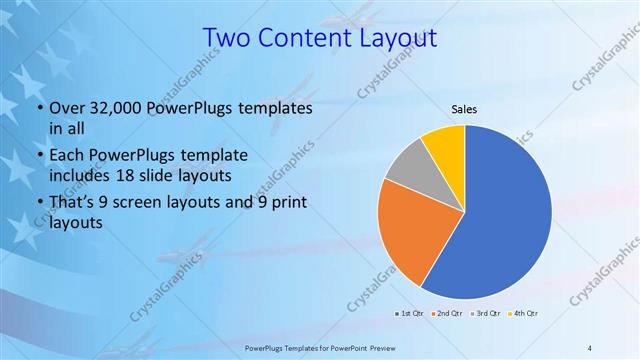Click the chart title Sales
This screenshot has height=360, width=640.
[x=464, y=108]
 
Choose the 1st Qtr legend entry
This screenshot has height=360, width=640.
[x=411, y=314]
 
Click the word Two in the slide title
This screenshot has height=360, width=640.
[x=227, y=38]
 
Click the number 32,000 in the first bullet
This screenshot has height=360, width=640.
[x=117, y=108]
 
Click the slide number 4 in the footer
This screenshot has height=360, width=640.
[x=590, y=347]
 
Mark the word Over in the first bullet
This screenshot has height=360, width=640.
[x=66, y=108]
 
